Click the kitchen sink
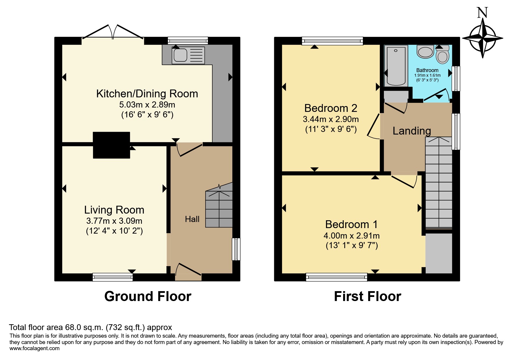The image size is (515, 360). click(x=188, y=55)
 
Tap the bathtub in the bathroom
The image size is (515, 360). click(x=396, y=66)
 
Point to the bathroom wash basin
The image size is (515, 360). click(x=425, y=51)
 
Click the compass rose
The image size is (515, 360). click(x=483, y=38)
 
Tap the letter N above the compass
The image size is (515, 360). click(x=482, y=12)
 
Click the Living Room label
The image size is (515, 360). click(x=114, y=210)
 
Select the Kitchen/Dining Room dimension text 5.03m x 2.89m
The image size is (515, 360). click(x=147, y=105)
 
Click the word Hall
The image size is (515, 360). click(x=192, y=219)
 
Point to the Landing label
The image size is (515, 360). click(x=412, y=131)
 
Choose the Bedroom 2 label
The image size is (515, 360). click(x=331, y=108)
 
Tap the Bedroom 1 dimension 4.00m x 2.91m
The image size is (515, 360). click(x=352, y=236)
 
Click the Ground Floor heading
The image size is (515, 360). click(x=148, y=296)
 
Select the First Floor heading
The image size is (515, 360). click(x=368, y=296)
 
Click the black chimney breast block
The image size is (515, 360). click(x=111, y=145)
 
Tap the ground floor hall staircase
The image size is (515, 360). click(x=219, y=205)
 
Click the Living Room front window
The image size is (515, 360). click(x=113, y=277)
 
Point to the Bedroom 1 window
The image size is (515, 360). click(x=336, y=277)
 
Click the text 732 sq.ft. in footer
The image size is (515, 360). click(x=125, y=327)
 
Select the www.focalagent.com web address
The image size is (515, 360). click(x=34, y=348)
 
